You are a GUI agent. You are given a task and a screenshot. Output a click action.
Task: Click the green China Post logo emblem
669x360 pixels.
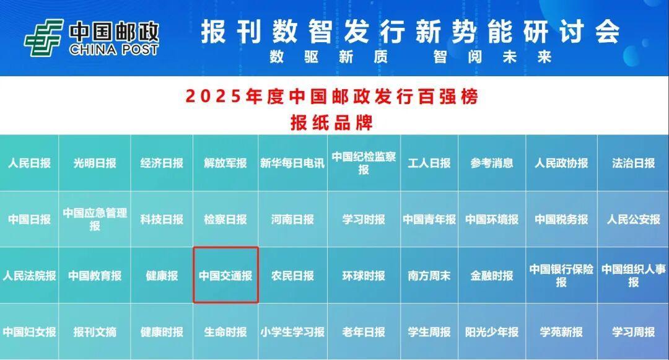44,38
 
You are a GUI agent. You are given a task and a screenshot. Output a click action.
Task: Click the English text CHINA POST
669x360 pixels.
114,50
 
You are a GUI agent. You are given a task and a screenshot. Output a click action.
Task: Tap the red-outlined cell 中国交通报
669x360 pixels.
225,275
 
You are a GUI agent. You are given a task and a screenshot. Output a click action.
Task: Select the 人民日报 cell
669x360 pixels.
30,163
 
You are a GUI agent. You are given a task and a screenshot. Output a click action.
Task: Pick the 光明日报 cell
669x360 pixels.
95,163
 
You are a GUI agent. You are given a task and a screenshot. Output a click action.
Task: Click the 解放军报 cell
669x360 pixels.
225,163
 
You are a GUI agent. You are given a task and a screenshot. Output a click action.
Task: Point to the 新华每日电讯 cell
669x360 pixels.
292,163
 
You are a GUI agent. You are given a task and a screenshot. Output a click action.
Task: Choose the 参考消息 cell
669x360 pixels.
492,163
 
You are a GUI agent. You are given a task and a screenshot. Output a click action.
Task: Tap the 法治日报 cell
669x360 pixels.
633,163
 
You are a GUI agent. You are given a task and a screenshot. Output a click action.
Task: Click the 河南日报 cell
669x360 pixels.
292,219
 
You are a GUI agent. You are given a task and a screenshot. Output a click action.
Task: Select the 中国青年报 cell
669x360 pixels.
429,219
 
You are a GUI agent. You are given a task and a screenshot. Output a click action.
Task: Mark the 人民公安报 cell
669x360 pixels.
633,219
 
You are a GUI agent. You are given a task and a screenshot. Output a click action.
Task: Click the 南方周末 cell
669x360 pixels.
429,276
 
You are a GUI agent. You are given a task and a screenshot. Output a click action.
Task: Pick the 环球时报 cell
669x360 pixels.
364,276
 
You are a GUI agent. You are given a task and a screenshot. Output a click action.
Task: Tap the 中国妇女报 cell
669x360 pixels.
30,332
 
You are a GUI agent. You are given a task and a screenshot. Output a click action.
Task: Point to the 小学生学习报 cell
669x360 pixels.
292,332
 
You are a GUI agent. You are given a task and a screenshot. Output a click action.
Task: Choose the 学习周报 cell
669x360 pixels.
633,332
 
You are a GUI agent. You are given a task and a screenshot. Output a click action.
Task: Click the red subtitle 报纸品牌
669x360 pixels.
332,123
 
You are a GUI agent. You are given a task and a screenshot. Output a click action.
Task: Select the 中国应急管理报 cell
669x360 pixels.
95,219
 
